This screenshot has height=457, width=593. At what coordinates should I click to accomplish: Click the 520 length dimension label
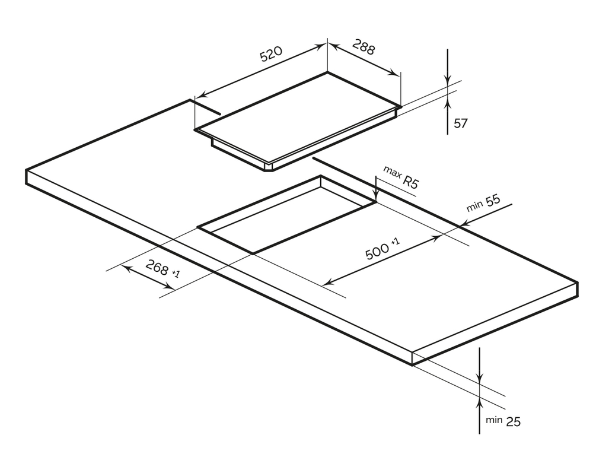[271, 54]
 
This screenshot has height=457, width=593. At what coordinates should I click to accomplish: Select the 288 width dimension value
[364, 47]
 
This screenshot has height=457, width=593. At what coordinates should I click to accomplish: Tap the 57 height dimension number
[460, 123]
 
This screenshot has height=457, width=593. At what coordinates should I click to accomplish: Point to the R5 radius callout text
[411, 182]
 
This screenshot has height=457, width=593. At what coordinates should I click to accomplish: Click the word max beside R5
[392, 172]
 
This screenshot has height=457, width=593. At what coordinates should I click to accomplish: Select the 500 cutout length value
[377, 252]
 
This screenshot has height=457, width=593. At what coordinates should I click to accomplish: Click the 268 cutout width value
[157, 267]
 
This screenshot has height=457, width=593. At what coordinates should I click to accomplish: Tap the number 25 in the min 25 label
[513, 421]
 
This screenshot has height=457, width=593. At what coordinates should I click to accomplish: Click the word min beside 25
[494, 420]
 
